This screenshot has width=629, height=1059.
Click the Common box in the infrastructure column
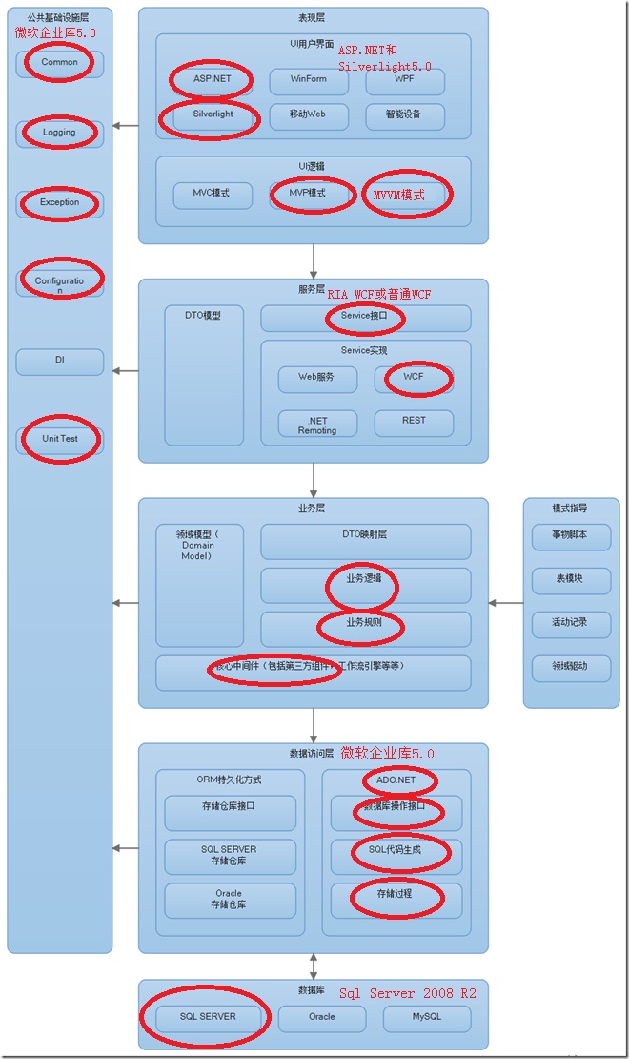(x=59, y=63)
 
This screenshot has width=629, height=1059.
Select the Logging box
(x=59, y=133)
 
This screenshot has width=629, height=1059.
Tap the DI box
(x=59, y=362)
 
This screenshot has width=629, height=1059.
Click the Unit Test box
(x=59, y=439)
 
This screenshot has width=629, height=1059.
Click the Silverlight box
(x=211, y=114)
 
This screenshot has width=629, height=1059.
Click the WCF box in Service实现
(x=413, y=378)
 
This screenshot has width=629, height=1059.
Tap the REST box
(x=414, y=421)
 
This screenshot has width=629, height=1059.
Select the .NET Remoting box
(x=316, y=425)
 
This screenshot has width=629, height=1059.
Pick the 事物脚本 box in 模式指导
(x=570, y=536)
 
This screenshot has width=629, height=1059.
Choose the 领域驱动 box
(x=570, y=667)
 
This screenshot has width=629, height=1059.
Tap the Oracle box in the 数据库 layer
(x=321, y=1018)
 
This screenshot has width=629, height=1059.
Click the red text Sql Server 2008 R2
(x=408, y=994)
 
